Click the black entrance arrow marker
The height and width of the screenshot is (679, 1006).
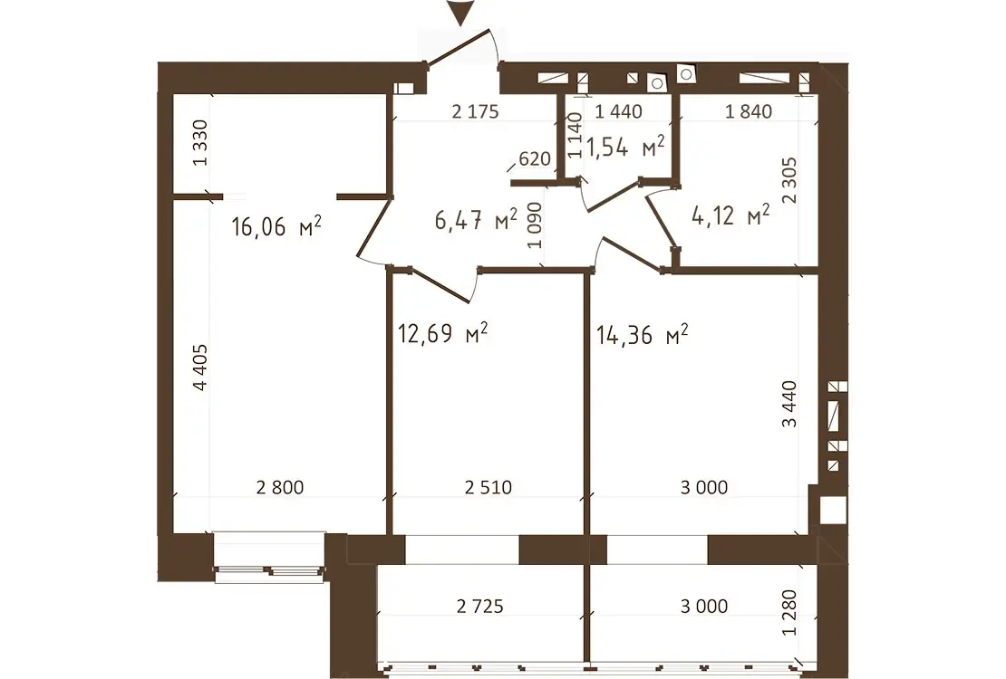pos(460,14)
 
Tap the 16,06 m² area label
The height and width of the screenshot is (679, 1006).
pos(276,226)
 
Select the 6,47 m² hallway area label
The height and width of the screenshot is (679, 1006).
pos(476,220)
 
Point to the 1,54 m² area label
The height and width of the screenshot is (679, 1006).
pos(625,147)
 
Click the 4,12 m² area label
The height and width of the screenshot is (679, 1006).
pos(730,215)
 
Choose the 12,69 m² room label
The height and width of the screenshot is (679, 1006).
pos(442,333)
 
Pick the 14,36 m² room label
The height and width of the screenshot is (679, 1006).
pos(643,335)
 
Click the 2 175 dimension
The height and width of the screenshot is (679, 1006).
pos(475,111)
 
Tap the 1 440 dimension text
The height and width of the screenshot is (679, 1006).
pos(618,111)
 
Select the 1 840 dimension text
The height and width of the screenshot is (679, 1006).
pos(748,111)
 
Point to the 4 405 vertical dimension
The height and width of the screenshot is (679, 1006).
pos(200,368)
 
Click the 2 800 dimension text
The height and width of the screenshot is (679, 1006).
pos(280,487)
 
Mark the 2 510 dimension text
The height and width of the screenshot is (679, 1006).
pos(488,487)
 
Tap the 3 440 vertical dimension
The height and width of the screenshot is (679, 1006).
pos(788,404)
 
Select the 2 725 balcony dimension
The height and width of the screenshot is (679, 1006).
pos(480,606)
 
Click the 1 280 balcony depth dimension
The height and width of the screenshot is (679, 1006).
pos(789,613)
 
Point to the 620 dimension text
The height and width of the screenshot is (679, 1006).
pos(535,158)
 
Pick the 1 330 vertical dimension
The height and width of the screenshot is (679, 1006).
pos(200,143)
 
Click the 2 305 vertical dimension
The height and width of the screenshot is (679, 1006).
pos(789,181)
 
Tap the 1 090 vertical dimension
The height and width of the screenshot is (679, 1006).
pos(535,225)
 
